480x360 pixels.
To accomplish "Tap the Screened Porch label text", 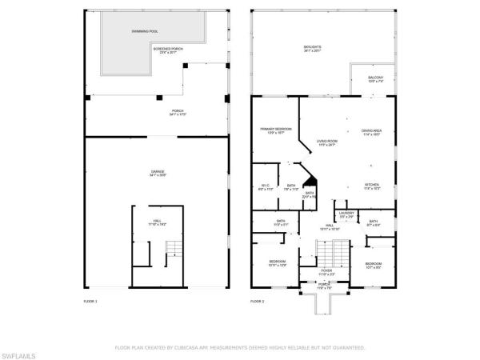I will pos(168,50).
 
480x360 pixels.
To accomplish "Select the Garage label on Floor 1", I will pos(158,172).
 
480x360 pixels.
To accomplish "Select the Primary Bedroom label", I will pos(276,130).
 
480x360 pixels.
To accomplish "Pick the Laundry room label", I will pos(347,214).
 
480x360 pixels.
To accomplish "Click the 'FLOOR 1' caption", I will pos(90,301).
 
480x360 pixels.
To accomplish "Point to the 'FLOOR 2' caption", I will pos(257,301).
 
